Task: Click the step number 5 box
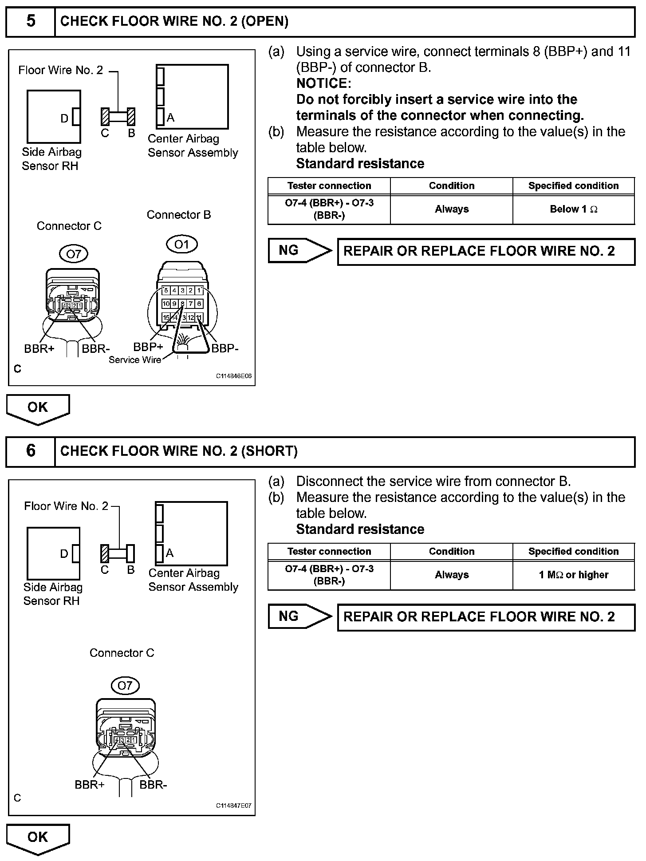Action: click(30, 21)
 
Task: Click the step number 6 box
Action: click(30, 451)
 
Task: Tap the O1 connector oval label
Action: click(181, 245)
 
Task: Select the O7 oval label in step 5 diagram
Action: click(73, 254)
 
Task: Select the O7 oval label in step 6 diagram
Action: click(125, 685)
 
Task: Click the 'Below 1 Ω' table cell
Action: click(573, 209)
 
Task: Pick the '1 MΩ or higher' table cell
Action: click(573, 575)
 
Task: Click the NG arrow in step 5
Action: click(299, 251)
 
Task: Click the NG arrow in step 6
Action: click(299, 616)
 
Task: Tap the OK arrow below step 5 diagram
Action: click(38, 408)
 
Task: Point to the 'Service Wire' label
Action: click(135, 360)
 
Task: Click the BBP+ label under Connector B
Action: click(148, 347)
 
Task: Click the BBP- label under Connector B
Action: click(225, 349)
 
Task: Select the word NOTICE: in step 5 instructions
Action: click(324, 83)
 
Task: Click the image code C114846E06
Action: click(234, 376)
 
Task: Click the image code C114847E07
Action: click(234, 806)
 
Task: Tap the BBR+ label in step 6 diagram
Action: click(90, 785)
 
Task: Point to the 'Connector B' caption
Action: click(179, 215)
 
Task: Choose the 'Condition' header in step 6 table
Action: click(451, 551)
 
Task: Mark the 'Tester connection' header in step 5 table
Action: click(329, 186)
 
